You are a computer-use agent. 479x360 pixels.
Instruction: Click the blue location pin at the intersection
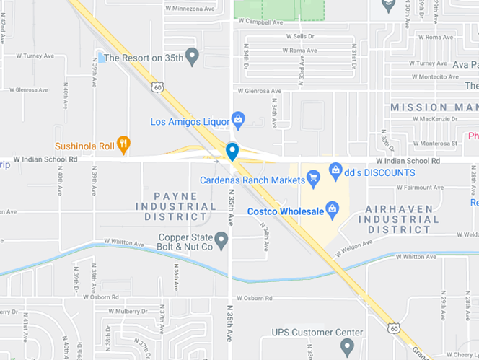[232, 151]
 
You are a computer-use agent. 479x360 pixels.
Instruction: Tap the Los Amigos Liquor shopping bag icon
[238, 118]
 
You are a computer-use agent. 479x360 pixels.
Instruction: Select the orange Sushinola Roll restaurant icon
[124, 145]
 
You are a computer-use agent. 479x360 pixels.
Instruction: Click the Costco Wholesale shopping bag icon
[333, 211]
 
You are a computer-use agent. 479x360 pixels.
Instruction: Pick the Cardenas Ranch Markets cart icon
[313, 177]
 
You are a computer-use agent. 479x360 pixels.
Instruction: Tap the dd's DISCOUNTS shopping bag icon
[335, 171]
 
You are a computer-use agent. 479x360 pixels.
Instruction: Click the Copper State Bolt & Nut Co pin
[221, 240]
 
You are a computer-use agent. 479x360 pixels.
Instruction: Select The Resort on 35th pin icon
[192, 56]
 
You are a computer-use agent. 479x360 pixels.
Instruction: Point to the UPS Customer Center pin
[347, 347]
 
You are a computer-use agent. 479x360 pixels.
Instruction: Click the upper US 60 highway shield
[157, 87]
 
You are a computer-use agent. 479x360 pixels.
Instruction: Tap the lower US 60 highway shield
[393, 328]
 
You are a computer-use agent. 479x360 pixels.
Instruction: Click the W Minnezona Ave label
[191, 9]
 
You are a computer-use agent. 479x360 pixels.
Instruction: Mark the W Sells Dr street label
[300, 35]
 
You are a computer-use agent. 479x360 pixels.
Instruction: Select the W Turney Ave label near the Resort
[35, 56]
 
